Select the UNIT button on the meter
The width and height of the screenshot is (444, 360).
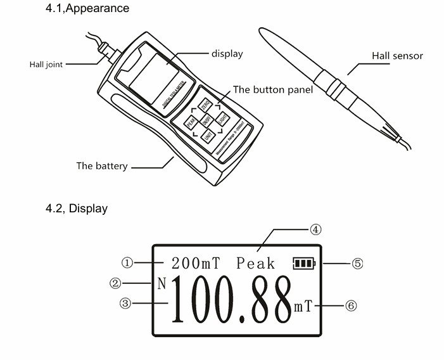(208, 134)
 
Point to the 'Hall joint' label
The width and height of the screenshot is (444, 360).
(46, 65)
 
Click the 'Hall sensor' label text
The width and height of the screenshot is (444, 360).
(397, 56)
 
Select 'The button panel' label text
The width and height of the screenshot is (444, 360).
(273, 90)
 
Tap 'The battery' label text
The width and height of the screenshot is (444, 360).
(102, 166)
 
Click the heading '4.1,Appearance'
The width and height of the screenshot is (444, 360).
(87, 8)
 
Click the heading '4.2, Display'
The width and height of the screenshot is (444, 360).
(76, 208)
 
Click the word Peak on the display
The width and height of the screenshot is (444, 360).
(256, 263)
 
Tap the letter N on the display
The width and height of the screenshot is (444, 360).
(162, 283)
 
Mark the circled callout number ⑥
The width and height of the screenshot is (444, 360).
(351, 305)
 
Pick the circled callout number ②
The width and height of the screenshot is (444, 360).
(115, 283)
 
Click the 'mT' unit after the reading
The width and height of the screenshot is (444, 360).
(303, 307)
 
